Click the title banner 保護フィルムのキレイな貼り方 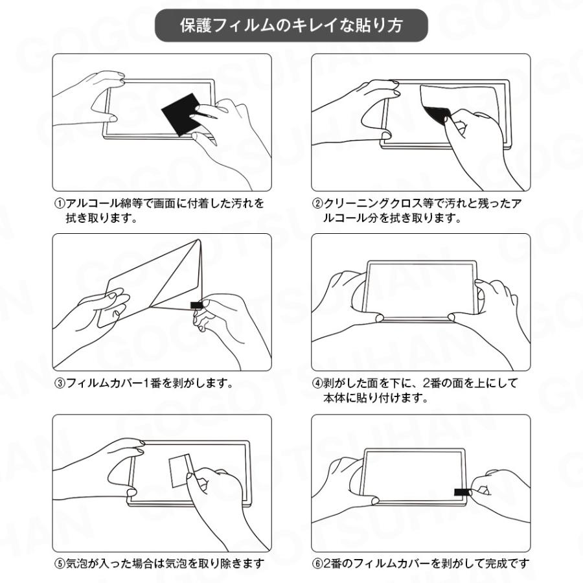(291, 25)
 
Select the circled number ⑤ (58, 564)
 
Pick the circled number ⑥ (318, 564)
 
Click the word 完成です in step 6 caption (509, 564)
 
